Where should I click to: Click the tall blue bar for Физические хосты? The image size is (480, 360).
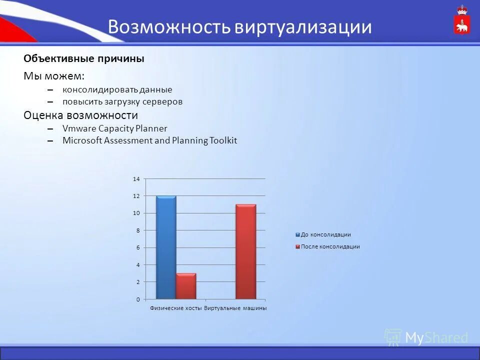166,247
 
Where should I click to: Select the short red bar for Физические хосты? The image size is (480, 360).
186,286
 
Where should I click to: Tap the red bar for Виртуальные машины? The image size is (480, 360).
245,251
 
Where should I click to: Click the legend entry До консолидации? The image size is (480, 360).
325,234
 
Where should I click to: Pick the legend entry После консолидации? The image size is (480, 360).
330,246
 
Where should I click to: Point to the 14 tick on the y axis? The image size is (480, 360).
136,178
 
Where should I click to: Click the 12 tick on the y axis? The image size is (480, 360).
136,196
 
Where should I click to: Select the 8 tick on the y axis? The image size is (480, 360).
137,230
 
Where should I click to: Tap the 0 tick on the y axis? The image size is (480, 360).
137,299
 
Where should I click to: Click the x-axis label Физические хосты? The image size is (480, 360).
175,308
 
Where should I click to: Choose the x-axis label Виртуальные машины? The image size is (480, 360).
235,308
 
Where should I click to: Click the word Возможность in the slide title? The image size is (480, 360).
168,27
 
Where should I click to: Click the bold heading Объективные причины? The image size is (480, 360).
84,58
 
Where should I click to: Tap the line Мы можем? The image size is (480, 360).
54,76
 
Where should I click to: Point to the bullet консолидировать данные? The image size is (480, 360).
117,89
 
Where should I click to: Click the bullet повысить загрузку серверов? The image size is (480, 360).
122,101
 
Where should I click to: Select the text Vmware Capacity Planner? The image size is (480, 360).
114,128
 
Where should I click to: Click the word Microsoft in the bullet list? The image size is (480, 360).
82,140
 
